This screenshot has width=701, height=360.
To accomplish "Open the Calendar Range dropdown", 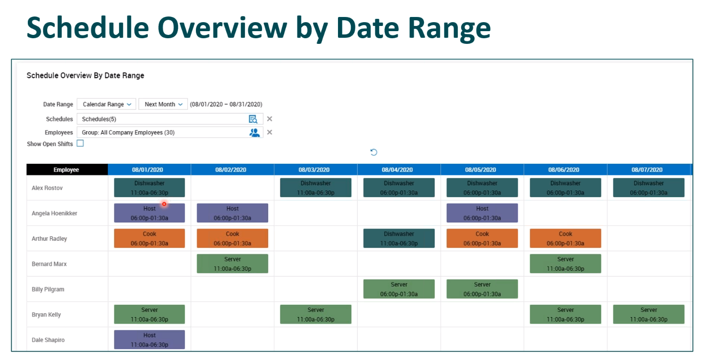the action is [106, 104].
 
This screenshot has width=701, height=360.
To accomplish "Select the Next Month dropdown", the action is [163, 104].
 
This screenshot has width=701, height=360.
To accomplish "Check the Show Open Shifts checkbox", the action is [80, 143].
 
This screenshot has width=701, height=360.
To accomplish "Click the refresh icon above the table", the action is [374, 152].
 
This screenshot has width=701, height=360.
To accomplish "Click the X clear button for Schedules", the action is [270, 119].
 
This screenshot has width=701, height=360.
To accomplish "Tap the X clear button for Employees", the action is [270, 132].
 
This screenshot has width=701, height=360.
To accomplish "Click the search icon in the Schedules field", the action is [253, 119].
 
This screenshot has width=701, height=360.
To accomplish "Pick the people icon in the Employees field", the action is [254, 133].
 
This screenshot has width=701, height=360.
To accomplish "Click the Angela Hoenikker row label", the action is [54, 213].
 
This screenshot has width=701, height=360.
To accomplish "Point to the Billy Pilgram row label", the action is [48, 289].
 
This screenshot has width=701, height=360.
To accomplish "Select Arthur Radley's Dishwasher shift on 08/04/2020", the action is [399, 238].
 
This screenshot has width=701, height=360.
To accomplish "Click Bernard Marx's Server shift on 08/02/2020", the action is [233, 264].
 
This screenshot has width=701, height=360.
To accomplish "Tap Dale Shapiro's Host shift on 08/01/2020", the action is [149, 340].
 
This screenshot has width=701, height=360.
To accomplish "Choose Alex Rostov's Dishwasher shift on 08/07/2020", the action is [649, 188].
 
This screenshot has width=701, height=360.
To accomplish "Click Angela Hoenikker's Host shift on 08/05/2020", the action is [482, 213].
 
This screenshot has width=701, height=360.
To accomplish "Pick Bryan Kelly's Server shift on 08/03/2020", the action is [316, 314].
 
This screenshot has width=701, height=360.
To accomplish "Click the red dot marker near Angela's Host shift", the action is [164, 204].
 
